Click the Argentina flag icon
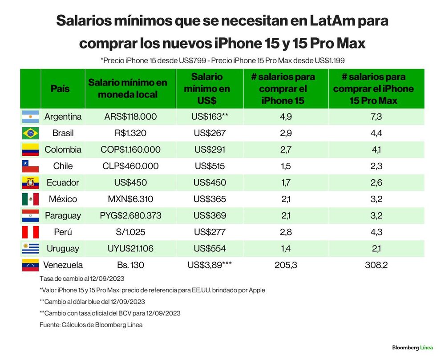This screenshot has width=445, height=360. (30, 117)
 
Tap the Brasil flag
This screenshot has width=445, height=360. (30, 133)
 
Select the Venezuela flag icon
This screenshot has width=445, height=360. (30, 265)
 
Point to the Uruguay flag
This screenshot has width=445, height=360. (30, 248)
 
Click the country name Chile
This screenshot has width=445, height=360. (63, 166)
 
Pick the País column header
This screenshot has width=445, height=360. (60, 89)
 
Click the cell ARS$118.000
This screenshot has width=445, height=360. (130, 117)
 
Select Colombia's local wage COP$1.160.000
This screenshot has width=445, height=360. (130, 150)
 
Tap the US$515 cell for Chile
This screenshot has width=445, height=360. (210, 166)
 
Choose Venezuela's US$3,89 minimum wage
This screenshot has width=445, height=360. (210, 265)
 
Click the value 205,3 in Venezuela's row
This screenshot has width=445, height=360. (286, 265)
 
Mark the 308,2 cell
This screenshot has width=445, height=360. (376, 265)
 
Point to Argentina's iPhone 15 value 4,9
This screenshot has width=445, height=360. (286, 117)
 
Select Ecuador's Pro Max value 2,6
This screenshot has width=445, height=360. (376, 182)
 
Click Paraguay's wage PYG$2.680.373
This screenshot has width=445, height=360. (130, 216)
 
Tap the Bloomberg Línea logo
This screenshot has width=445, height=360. (413, 348)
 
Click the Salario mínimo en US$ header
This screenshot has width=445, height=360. (207, 89)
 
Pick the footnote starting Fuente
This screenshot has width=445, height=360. (91, 325)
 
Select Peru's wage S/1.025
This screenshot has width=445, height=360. (130, 232)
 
